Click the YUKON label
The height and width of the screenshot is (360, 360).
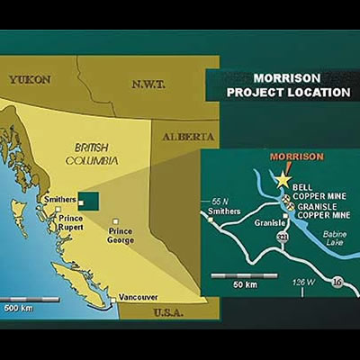tap(30, 79)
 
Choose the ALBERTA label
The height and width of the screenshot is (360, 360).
tap(189, 136)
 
